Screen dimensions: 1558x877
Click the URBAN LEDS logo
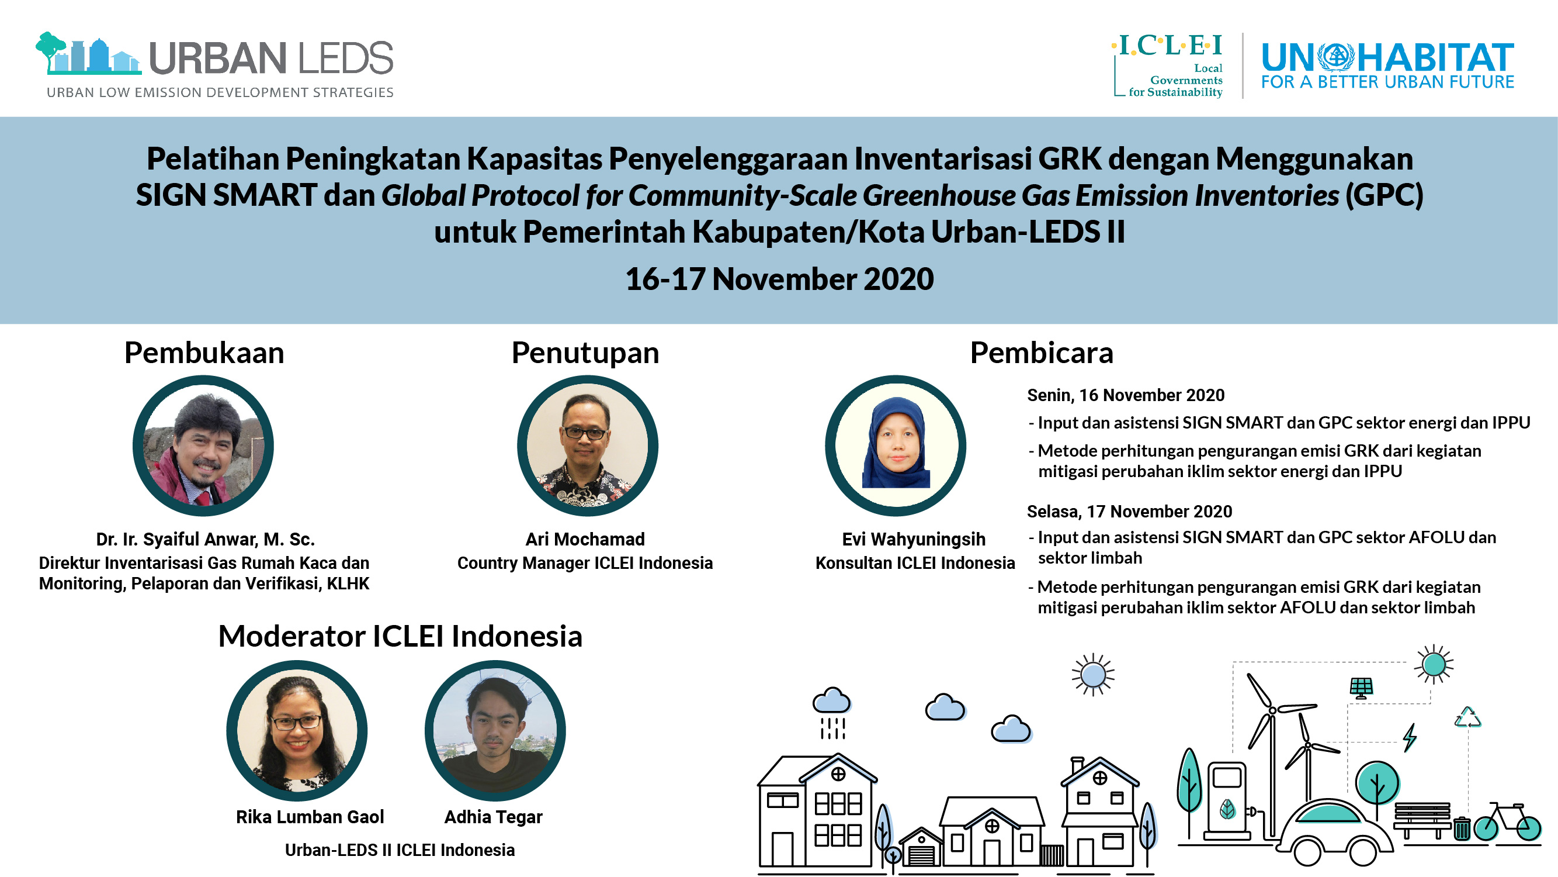[x=215, y=65]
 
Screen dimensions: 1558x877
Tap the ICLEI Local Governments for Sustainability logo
[x=1167, y=65]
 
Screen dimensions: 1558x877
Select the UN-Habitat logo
[x=1387, y=65]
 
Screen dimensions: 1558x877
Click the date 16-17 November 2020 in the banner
[x=779, y=279]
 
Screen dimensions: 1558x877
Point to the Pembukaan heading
[x=204, y=353]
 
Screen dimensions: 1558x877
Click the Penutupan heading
[x=585, y=354]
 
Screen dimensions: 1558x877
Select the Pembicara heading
[x=1042, y=353]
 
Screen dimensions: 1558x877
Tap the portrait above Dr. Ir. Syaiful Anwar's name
[x=203, y=446]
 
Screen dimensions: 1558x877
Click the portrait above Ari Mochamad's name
[x=587, y=446]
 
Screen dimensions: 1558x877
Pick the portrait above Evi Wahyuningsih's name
[x=896, y=446]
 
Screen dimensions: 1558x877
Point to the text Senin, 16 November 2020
[x=1126, y=395]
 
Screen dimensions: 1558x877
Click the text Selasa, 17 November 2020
[x=1129, y=512]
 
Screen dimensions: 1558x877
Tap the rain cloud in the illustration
[x=832, y=713]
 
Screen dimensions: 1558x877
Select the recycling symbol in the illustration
[x=1468, y=717]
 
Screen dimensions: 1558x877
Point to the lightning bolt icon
[x=1410, y=738]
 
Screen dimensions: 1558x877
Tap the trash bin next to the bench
[x=1462, y=828]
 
